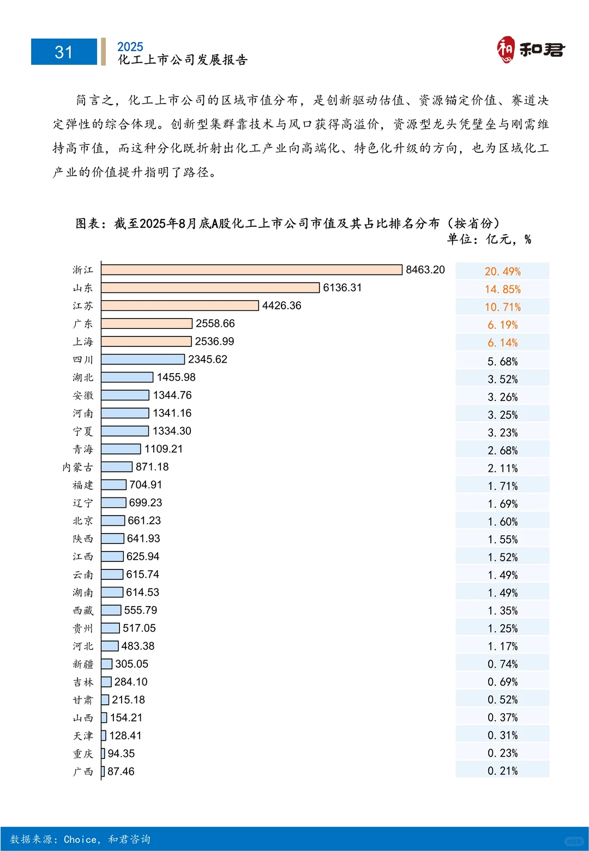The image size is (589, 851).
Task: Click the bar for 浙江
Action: click(251, 269)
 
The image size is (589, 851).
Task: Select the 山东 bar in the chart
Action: click(210, 287)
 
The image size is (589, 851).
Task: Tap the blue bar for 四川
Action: click(143, 359)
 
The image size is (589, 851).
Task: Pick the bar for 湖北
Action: click(127, 377)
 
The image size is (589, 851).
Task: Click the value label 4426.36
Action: click(281, 305)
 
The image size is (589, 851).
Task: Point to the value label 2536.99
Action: click(214, 341)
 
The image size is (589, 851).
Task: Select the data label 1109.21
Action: click(164, 449)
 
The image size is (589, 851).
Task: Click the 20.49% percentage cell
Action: click(502, 271)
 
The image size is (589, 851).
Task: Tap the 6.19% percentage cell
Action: click(502, 325)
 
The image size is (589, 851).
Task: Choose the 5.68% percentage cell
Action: click(502, 361)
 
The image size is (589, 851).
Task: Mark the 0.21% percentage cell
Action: click(502, 770)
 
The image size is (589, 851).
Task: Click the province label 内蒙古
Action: click(77, 467)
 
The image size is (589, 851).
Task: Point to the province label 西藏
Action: click(83, 610)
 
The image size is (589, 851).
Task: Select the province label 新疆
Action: click(83, 664)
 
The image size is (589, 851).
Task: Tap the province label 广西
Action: click(83, 771)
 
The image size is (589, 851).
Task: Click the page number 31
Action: click(64, 52)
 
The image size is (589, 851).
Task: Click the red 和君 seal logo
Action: click(506, 50)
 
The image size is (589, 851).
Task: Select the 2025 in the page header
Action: click(130, 47)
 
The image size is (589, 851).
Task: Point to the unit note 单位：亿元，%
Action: click(489, 239)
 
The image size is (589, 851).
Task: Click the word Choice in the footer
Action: click(81, 839)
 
